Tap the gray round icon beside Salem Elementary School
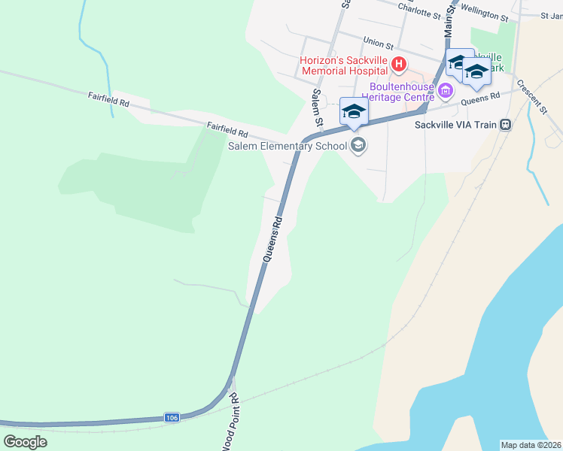(x=358, y=145)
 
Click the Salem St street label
(x=318, y=107)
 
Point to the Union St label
(x=379, y=44)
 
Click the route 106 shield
(x=172, y=417)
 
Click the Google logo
(x=25, y=441)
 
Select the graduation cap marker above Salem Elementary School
(x=354, y=113)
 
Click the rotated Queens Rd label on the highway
(x=273, y=239)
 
